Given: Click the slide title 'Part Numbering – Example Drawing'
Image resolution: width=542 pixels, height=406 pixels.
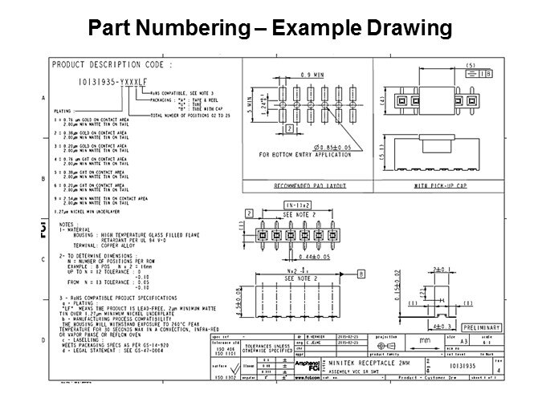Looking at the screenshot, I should [271, 29].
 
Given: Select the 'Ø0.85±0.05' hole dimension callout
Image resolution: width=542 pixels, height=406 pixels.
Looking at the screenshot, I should [314, 145].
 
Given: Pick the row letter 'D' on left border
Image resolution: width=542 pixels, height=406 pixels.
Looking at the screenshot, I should [43, 341].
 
